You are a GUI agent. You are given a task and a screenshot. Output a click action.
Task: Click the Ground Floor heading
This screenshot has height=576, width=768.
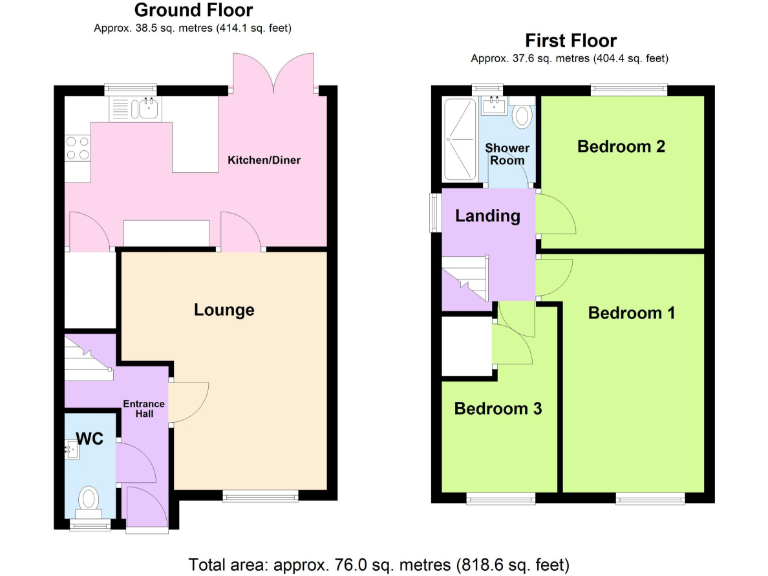tap(193, 11)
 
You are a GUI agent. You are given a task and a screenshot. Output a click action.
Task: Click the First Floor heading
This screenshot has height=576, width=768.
tap(570, 41)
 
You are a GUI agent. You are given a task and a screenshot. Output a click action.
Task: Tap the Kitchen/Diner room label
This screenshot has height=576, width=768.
tap(264, 160)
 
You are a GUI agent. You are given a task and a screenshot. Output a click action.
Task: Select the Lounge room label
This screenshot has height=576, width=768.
tap(224, 310)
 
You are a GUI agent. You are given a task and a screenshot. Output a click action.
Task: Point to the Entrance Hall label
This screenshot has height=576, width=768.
tap(143, 409)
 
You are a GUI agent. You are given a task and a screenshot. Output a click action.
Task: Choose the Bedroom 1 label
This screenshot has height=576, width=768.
tap(631, 313)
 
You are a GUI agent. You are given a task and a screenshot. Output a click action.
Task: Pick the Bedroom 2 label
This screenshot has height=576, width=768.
tap(621, 147)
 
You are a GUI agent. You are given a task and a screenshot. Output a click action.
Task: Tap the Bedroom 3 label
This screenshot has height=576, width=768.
tap(498, 408)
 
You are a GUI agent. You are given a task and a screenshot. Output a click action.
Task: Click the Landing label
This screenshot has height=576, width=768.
tap(488, 216)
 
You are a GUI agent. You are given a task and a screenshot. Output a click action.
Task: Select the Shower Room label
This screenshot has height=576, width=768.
tap(506, 154)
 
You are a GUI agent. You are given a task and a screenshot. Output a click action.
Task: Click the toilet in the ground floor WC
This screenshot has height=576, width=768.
tap(89, 497)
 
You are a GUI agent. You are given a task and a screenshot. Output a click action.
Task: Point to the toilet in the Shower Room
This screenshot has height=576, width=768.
tap(521, 116)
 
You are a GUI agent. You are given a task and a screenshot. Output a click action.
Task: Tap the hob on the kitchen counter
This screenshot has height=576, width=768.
tap(78, 147)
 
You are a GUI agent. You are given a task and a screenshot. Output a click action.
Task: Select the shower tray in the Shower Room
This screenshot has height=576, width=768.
tap(459, 141)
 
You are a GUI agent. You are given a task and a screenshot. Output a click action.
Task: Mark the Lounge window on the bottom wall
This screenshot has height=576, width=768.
tap(260, 494)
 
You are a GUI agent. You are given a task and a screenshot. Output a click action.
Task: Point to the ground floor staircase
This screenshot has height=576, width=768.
tap(87, 356)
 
